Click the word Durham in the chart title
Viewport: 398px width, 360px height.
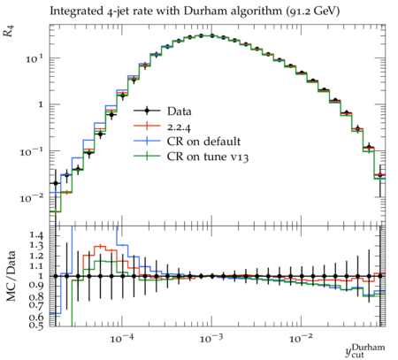pos(203,11)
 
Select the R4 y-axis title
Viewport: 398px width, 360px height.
pos(9,31)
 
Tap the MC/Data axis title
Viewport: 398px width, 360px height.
pos(11,276)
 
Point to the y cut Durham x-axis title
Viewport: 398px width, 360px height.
pos(365,350)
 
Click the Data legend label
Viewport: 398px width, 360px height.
pos(180,111)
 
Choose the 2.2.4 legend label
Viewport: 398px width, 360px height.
pos(179,126)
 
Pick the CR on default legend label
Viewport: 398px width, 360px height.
pos(203,142)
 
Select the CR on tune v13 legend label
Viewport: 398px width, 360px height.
pos(208,157)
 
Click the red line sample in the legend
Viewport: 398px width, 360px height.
pos(147,126)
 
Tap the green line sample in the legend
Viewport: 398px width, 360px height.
pos(147,156)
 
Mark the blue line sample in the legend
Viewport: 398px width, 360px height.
pos(147,141)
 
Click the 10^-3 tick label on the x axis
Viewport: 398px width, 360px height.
pos(210,339)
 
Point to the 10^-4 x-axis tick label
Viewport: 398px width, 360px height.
pos(121,339)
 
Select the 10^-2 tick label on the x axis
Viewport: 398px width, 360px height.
pos(300,339)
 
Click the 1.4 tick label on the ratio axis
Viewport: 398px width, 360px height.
pos(37,235)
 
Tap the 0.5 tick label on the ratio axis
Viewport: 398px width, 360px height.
pos(37,325)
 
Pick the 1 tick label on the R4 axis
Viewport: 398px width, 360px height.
pos(41,104)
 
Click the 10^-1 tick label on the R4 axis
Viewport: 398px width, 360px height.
pos(31,152)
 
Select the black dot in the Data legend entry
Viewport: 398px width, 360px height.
pos(147,111)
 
